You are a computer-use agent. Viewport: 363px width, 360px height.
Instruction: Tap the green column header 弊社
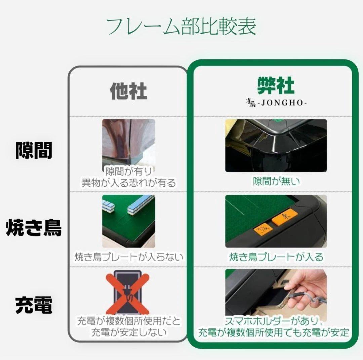point(276,86)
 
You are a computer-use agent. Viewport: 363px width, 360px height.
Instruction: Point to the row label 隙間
point(34,151)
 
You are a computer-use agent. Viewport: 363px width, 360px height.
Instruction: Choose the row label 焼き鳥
point(34,228)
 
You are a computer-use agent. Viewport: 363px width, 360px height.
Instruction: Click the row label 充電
point(34,306)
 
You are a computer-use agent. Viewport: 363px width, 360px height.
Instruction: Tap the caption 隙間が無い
point(276,182)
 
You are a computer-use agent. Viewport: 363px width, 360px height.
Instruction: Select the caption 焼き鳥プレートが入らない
point(128,257)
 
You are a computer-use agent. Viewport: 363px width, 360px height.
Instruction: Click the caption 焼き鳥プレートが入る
point(276,257)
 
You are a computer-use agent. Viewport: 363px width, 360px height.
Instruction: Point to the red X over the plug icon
point(128,294)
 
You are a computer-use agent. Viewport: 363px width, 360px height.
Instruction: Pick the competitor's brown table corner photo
point(128,141)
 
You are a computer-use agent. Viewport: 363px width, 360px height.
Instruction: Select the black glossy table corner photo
point(276,145)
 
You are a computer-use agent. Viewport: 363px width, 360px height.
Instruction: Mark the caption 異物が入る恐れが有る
point(128,183)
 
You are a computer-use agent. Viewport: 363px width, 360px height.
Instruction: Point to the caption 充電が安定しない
point(128,333)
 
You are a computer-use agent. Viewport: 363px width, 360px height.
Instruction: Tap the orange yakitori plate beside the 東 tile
point(263,229)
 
